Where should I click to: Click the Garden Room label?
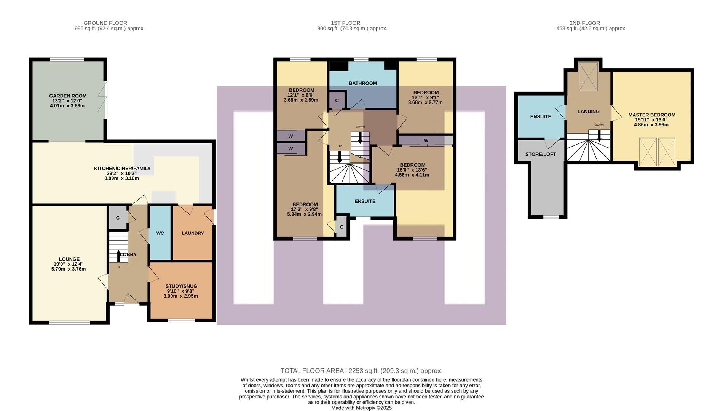click(x=68, y=96)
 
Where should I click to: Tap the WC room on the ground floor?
click(x=160, y=233)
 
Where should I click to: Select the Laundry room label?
click(x=193, y=233)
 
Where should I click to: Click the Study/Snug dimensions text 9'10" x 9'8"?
click(x=181, y=291)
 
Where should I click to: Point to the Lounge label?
click(x=69, y=259)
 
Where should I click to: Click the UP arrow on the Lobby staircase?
click(x=118, y=256)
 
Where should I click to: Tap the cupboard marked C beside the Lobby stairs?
click(x=118, y=218)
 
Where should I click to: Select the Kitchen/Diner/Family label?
click(x=122, y=168)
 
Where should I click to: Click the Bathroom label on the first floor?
click(x=363, y=83)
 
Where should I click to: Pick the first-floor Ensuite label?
click(x=365, y=201)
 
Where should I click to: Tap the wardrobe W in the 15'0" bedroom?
click(x=426, y=141)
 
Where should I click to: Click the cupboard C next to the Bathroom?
click(x=337, y=100)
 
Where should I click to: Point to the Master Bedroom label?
click(x=652, y=115)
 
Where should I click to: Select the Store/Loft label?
click(x=540, y=154)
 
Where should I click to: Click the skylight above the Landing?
click(x=588, y=77)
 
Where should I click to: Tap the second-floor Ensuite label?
click(x=541, y=116)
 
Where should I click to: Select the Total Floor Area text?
click(x=361, y=371)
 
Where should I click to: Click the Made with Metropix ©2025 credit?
click(x=361, y=408)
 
